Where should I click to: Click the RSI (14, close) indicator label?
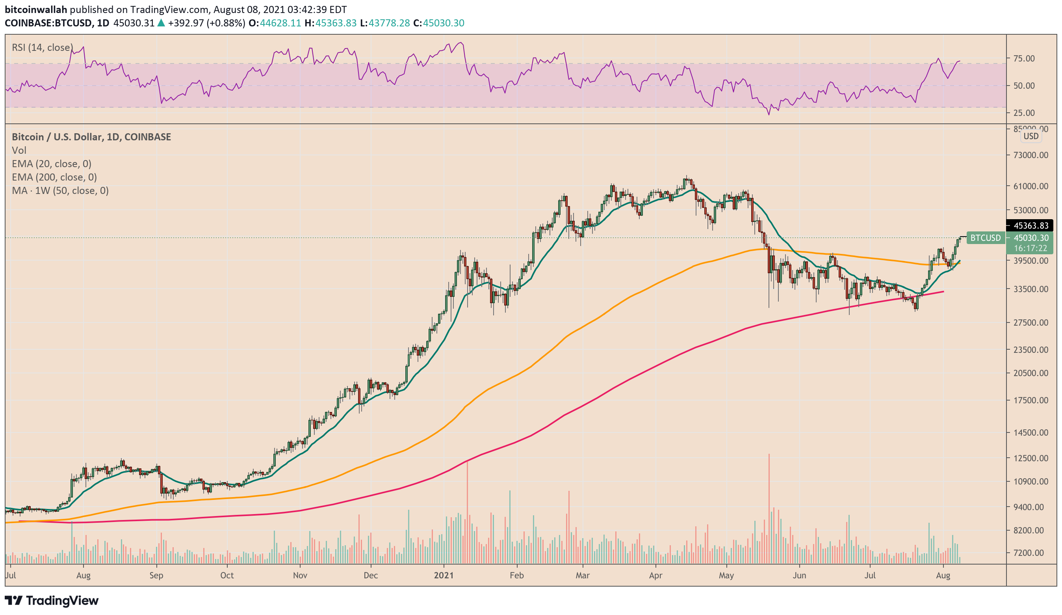42,48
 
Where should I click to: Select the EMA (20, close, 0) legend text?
52,164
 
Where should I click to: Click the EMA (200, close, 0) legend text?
54,177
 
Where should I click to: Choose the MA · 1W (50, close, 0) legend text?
60,191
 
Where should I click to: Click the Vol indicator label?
19,150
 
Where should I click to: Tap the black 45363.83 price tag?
1030,225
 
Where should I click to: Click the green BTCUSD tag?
985,238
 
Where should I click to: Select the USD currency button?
1031,136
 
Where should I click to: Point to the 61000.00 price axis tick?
1030,186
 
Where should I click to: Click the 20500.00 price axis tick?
1030,373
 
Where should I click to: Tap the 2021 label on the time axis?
444,575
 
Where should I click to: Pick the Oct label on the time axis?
227,575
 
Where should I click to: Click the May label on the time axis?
726,575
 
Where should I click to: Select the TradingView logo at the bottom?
52,601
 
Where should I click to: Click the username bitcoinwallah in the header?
36,9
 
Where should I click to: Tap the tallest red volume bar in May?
769,506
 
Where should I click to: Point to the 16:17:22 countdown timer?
1030,248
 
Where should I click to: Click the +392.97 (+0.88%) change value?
206,23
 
